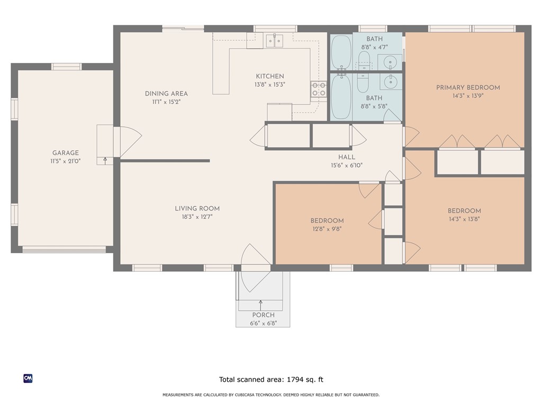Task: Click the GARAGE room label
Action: (x=65, y=153)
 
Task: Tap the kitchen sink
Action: (x=275, y=41)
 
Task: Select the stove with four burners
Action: (x=318, y=89)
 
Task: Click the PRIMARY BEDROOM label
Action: (x=468, y=88)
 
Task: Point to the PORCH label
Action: (x=264, y=315)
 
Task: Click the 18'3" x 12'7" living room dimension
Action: (x=197, y=217)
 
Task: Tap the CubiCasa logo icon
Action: (x=28, y=379)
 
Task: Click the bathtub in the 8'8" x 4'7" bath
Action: (x=341, y=52)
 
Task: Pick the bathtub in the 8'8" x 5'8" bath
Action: (x=341, y=97)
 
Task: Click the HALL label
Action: (x=346, y=157)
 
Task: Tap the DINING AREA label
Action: (x=166, y=94)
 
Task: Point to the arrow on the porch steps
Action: (x=260, y=305)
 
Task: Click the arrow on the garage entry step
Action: (x=105, y=160)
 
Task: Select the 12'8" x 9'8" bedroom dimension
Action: (x=327, y=229)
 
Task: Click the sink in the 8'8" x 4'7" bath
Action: (x=390, y=62)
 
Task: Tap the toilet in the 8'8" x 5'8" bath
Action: (x=363, y=82)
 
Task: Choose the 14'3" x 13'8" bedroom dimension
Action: (x=464, y=219)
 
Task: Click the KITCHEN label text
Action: (x=270, y=76)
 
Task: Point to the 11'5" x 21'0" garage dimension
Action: (x=65, y=161)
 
